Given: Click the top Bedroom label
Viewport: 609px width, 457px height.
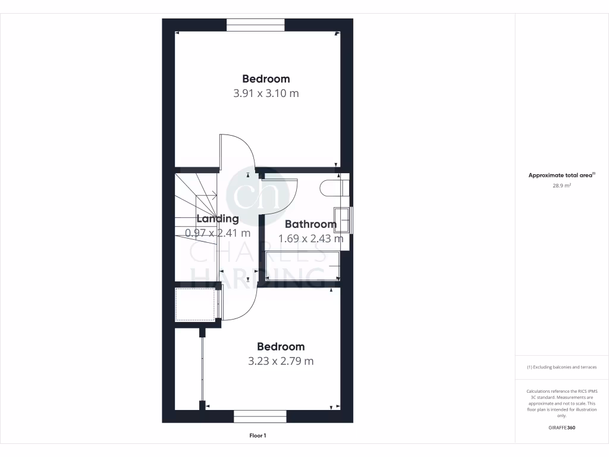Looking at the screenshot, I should tap(266, 79).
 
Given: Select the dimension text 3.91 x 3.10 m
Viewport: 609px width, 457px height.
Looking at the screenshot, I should tap(266, 93).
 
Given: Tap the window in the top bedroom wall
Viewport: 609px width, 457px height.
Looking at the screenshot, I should tap(256, 25).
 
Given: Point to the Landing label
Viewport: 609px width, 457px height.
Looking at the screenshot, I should tap(218, 218).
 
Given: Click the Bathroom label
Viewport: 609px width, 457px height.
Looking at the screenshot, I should tap(310, 224).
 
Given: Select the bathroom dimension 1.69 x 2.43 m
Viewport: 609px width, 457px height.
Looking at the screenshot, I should tap(311, 239).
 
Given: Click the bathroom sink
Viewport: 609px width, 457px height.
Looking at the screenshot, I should tap(342, 220).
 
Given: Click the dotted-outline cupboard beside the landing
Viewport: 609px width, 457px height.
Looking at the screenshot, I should tap(194, 304).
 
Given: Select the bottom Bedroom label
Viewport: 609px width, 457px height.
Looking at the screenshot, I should tap(281, 346).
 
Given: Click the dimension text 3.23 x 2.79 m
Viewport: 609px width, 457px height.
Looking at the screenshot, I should tap(281, 361).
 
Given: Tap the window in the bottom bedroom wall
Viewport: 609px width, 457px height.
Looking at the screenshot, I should tap(260, 416).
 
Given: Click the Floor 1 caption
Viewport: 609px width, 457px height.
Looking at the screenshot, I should tap(258, 436).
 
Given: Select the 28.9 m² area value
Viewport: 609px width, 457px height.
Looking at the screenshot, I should tap(561, 186).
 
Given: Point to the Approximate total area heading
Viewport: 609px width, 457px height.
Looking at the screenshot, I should tap(561, 176).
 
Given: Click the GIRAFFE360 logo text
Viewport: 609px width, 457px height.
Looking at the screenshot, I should tap(561, 428).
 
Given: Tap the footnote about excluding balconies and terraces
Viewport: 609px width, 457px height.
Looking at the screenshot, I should tap(561, 367).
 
